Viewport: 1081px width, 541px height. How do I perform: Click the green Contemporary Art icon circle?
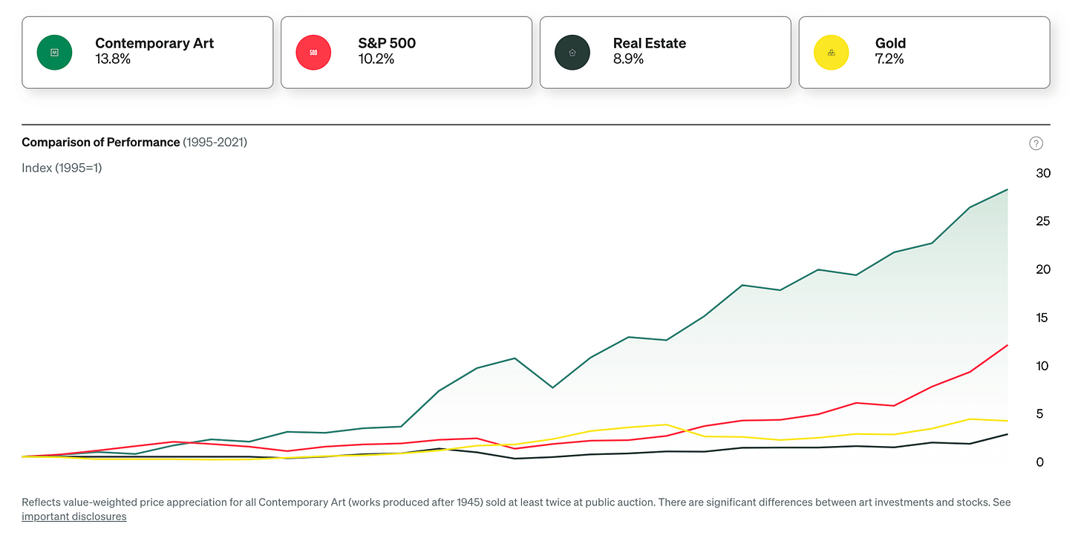(54, 53)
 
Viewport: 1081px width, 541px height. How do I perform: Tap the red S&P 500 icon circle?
(313, 53)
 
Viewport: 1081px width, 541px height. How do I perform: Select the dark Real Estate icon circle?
(572, 53)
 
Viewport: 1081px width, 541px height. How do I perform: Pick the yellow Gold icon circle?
(831, 53)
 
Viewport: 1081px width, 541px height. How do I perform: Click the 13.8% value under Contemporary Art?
(113, 59)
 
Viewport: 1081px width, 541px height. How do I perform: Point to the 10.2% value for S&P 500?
(376, 59)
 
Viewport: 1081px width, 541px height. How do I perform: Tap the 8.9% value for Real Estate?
(628, 59)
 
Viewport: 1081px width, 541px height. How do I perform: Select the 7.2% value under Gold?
(889, 59)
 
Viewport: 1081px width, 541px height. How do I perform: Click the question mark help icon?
(1036, 143)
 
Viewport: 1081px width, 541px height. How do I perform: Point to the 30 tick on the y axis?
(1043, 173)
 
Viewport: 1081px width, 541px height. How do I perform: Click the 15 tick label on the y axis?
(1042, 318)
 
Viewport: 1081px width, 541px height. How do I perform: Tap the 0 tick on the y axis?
(1039, 462)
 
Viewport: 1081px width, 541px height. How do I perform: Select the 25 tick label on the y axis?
(1042, 221)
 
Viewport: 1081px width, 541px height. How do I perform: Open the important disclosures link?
(74, 517)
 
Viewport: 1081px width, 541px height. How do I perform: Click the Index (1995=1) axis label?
(62, 168)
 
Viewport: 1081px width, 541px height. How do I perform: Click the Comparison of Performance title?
(101, 142)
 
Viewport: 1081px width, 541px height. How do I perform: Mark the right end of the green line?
(1007, 189)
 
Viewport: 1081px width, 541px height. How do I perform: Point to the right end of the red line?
(1007, 345)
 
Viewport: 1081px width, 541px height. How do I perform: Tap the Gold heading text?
(890, 43)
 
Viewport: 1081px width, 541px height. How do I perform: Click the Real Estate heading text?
(650, 43)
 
